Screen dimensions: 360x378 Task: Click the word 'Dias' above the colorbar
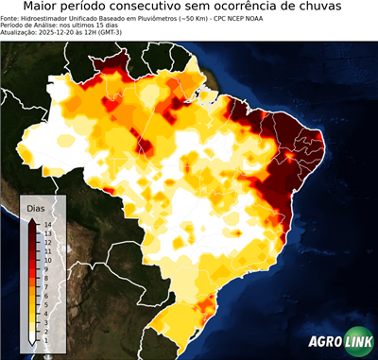tap(37, 207)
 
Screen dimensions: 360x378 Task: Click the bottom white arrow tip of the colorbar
tap(32, 340)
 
